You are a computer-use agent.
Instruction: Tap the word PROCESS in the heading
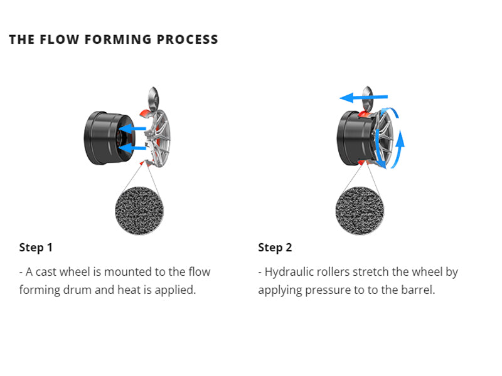188,39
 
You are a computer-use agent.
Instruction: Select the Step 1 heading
36,248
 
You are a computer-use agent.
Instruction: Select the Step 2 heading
275,248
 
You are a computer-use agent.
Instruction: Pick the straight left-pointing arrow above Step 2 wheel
364,97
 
